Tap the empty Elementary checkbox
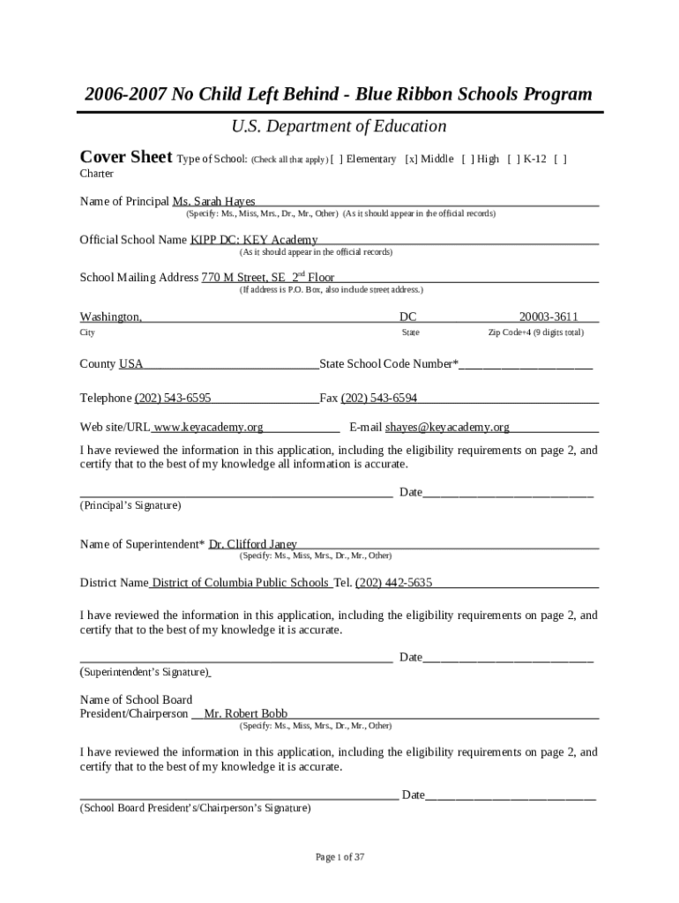pyautogui.click(x=336, y=160)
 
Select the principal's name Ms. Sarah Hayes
pyautogui.click(x=213, y=202)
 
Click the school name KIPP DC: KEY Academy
pyautogui.click(x=254, y=240)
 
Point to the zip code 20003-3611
pyautogui.click(x=548, y=317)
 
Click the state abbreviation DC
pyautogui.click(x=408, y=317)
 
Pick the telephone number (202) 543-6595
pyautogui.click(x=172, y=398)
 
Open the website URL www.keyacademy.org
pyautogui.click(x=209, y=428)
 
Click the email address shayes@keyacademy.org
pyautogui.click(x=447, y=428)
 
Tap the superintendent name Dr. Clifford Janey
pyautogui.click(x=253, y=544)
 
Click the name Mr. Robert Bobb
pyautogui.click(x=245, y=713)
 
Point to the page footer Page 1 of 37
pyautogui.click(x=339, y=856)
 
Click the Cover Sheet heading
pyautogui.click(x=125, y=158)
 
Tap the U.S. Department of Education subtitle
pyautogui.click(x=339, y=127)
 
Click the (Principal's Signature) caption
pyautogui.click(x=131, y=506)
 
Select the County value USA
pyautogui.click(x=131, y=364)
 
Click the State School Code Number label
pyautogui.click(x=388, y=364)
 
